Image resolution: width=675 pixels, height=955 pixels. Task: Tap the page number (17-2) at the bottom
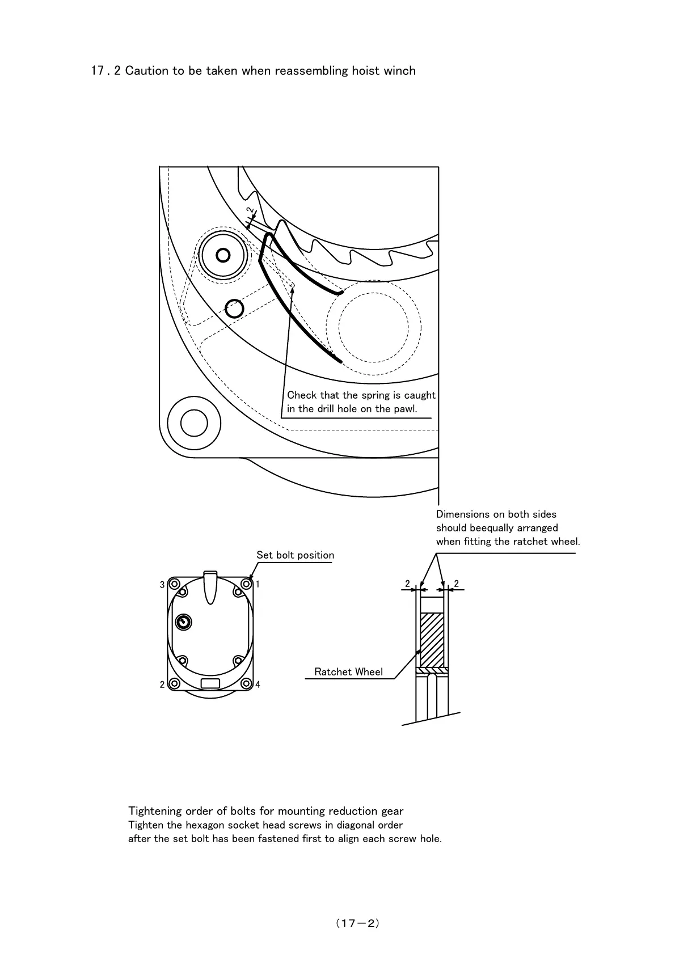pyautogui.click(x=357, y=923)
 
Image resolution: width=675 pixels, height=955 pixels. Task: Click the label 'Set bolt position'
pyautogui.click(x=295, y=555)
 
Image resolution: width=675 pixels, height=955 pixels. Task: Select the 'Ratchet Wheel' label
pyautogui.click(x=348, y=672)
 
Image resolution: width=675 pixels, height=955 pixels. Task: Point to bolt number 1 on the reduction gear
pyautogui.click(x=246, y=584)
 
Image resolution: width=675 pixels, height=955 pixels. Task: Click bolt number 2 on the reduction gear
pyautogui.click(x=175, y=684)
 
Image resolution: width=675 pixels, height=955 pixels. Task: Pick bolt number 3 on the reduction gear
pyautogui.click(x=175, y=584)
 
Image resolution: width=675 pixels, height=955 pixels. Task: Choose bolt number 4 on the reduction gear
pyautogui.click(x=246, y=684)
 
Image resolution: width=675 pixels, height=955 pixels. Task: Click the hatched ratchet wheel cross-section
pyautogui.click(x=433, y=640)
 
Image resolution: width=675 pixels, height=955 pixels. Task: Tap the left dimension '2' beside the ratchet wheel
pyautogui.click(x=407, y=584)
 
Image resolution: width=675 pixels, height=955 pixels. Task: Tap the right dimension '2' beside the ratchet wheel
pyautogui.click(x=456, y=584)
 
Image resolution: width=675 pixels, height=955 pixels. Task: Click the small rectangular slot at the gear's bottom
pyautogui.click(x=210, y=683)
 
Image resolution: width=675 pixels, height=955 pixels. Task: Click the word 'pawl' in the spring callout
pyautogui.click(x=405, y=409)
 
